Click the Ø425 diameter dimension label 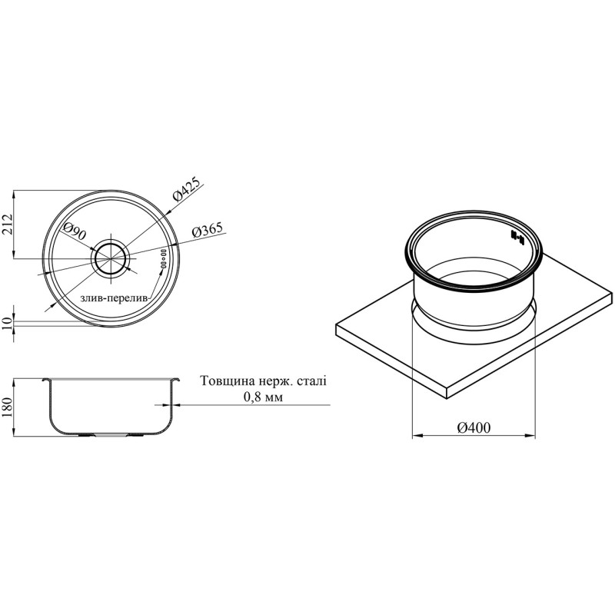pyautogui.click(x=187, y=189)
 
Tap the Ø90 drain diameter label pyautogui.click(x=75, y=231)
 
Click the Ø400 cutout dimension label pyautogui.click(x=474, y=427)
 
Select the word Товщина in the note pyautogui.click(x=225, y=381)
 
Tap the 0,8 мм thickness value pyautogui.click(x=263, y=397)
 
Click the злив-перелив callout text pyautogui.click(x=115, y=298)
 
